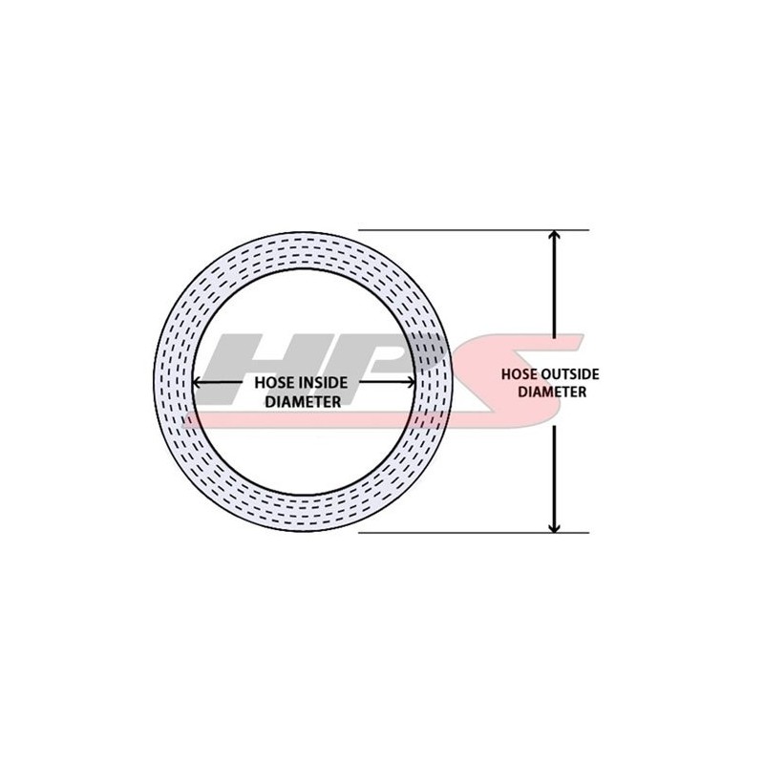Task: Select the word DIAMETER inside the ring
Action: click(303, 402)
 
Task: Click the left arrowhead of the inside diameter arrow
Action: click(198, 383)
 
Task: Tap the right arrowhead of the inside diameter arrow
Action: click(410, 383)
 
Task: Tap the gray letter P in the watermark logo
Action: click(377, 358)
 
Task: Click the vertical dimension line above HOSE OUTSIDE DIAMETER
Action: click(554, 296)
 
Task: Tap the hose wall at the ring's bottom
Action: click(304, 513)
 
